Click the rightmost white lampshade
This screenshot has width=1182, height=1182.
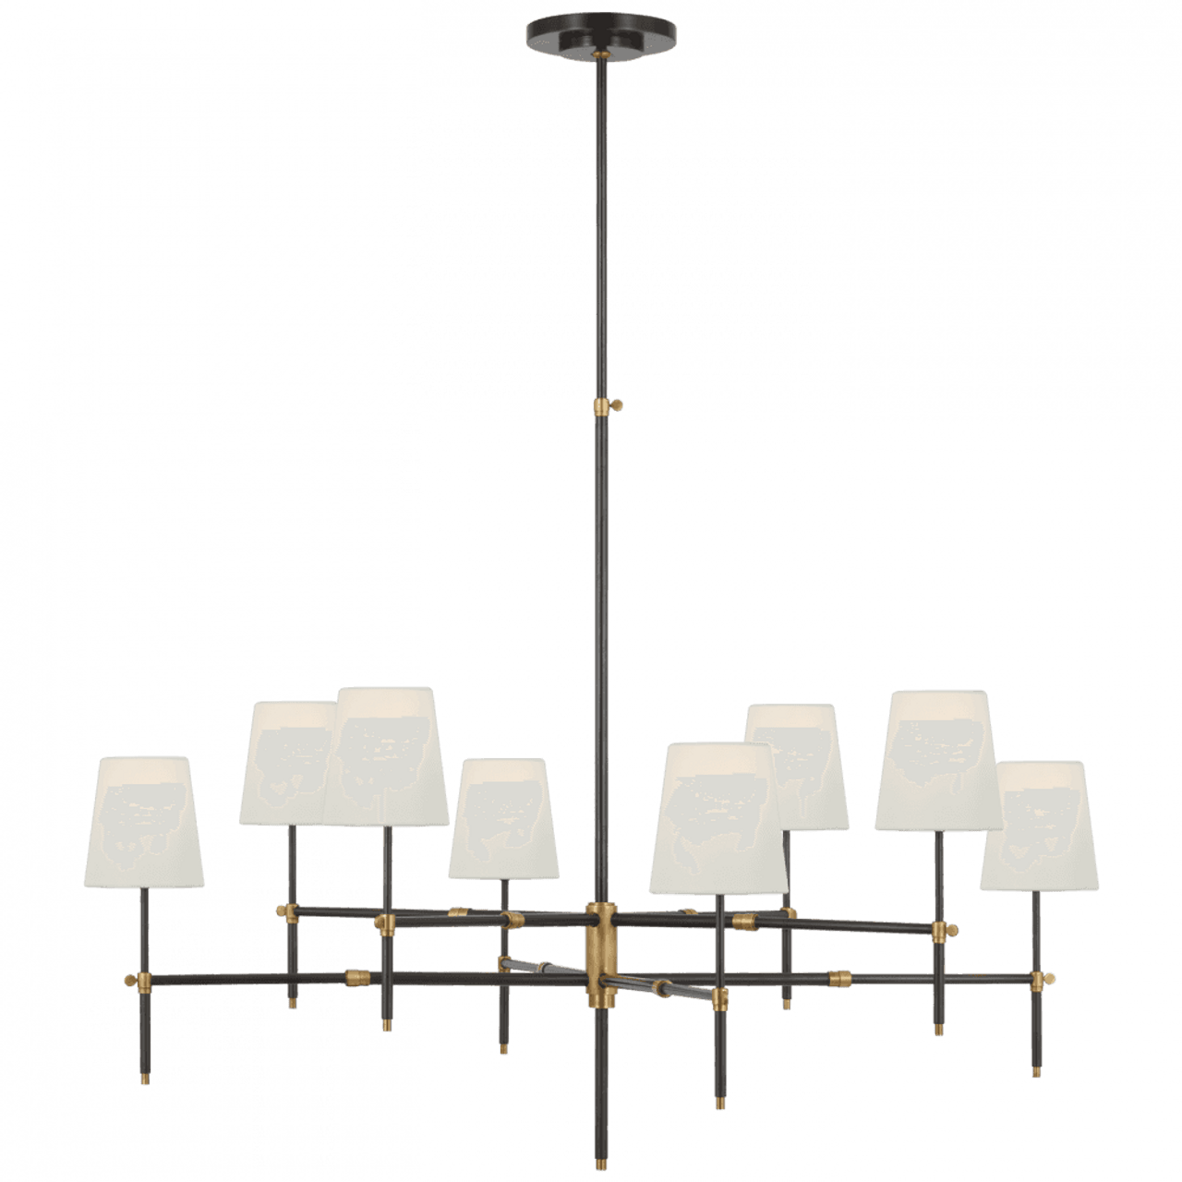click(1035, 826)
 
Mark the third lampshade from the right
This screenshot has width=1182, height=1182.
click(800, 766)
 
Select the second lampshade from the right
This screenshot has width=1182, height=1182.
click(939, 759)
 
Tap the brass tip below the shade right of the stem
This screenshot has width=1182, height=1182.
click(718, 1103)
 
